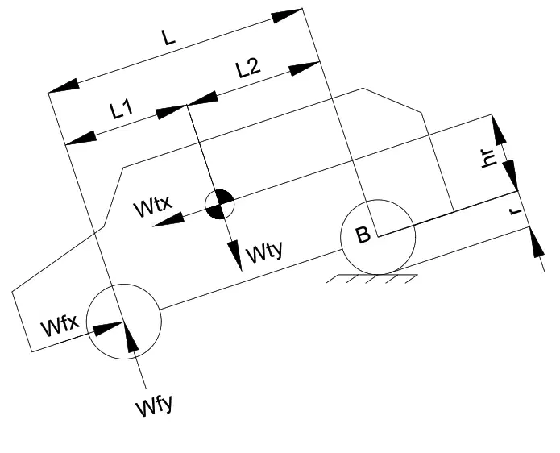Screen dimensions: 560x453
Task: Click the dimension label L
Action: (x=168, y=37)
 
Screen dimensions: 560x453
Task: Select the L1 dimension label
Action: (x=122, y=110)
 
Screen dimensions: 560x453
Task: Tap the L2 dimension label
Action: (x=248, y=68)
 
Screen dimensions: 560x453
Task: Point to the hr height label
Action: (x=489, y=157)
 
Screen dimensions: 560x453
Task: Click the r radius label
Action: (x=516, y=210)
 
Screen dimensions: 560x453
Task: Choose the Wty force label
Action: (x=264, y=251)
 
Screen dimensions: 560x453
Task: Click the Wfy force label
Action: (x=154, y=405)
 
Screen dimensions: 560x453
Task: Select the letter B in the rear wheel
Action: (x=363, y=235)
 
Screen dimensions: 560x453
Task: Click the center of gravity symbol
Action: (x=220, y=204)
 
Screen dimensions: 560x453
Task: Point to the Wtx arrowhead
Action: (x=168, y=219)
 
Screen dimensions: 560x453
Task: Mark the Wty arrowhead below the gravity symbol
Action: (x=235, y=256)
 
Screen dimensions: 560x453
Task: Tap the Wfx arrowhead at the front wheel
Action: (x=108, y=328)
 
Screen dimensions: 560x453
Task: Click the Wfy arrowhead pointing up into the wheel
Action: (x=131, y=337)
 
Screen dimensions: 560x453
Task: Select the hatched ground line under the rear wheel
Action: (x=371, y=279)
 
